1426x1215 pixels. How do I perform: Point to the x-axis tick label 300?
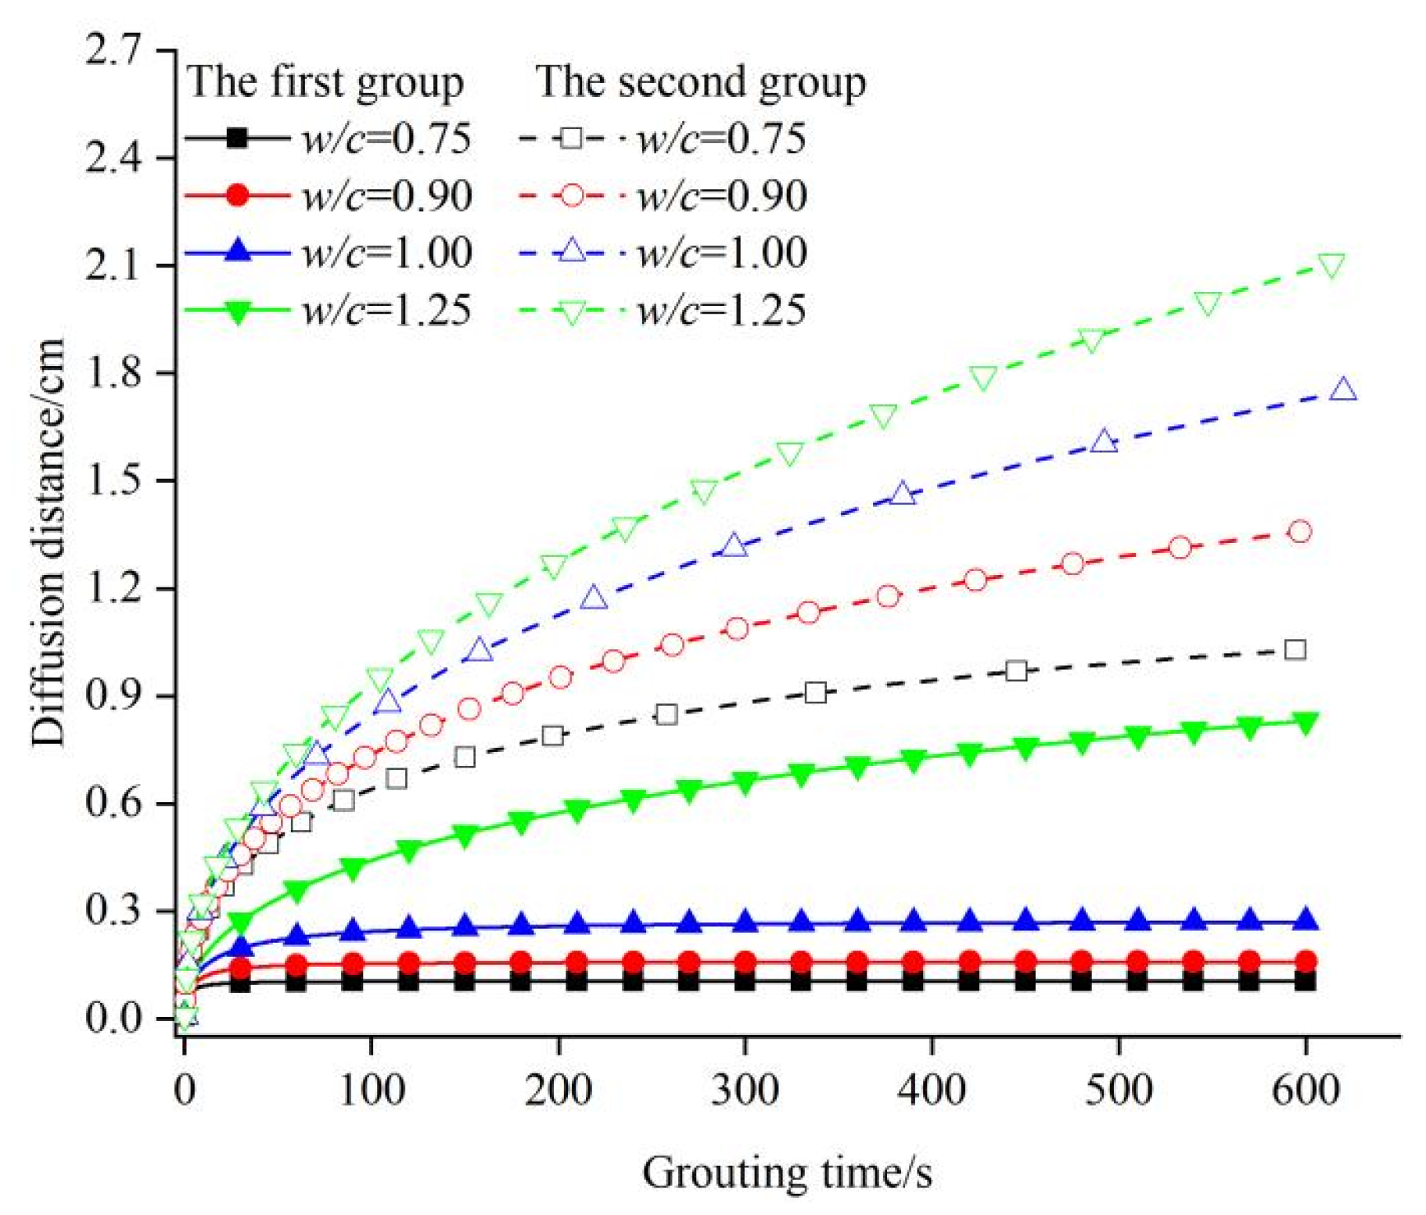(x=745, y=1089)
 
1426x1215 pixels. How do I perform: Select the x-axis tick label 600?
(x=1306, y=1089)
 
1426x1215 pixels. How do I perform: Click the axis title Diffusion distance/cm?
(x=48, y=542)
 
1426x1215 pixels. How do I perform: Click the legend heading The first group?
(x=325, y=81)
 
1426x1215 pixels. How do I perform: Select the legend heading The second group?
(x=701, y=81)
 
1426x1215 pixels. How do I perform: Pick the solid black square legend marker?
(x=236, y=138)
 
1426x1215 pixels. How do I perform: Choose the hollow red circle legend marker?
(x=572, y=195)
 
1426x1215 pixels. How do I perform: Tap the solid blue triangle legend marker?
(x=236, y=252)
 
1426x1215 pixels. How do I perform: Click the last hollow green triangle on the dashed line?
(x=1331, y=266)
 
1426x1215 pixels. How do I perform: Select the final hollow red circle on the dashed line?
(x=1300, y=532)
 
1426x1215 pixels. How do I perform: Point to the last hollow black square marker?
(x=1295, y=649)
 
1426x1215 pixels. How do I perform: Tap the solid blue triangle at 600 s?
(x=1306, y=921)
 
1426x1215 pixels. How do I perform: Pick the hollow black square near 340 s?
(x=816, y=692)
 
